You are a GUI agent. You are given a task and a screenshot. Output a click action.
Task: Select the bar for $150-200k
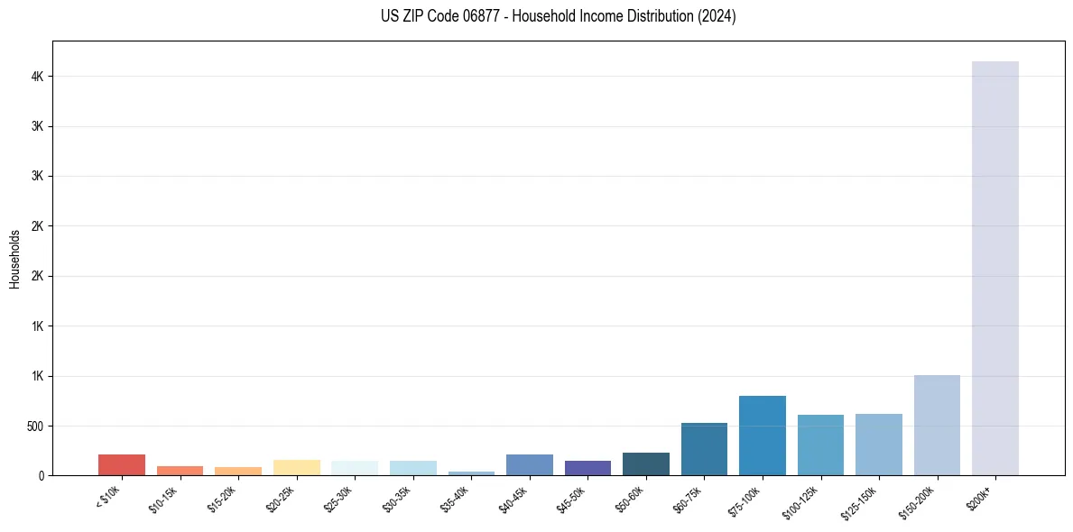click(x=937, y=425)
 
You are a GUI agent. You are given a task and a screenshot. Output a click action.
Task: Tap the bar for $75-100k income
click(x=762, y=436)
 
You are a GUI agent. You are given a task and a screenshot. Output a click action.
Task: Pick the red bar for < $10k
click(x=122, y=464)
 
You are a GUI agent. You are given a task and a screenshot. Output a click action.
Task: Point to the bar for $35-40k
click(x=471, y=472)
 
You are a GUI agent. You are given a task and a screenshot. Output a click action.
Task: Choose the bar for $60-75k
click(x=704, y=449)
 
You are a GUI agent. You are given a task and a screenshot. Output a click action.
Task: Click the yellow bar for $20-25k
click(x=297, y=467)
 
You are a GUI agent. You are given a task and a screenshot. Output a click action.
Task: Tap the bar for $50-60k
click(x=646, y=463)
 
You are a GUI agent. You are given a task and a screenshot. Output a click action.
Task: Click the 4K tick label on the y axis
click(x=39, y=77)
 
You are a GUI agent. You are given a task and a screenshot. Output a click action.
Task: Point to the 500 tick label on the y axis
click(x=36, y=426)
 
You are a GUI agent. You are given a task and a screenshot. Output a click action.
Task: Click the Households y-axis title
click(x=15, y=258)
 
